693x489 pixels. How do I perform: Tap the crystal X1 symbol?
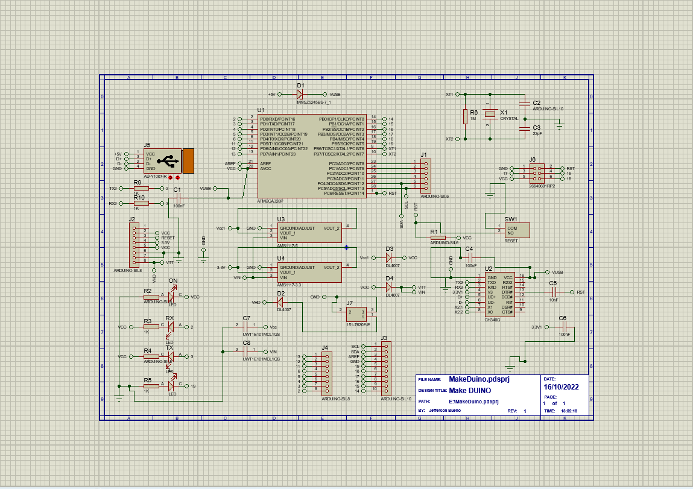click(492, 114)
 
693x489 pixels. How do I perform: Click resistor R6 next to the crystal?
click(465, 116)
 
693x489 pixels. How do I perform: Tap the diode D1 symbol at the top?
click(300, 95)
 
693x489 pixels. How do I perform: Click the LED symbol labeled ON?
click(171, 297)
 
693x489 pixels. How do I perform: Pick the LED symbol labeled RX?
click(170, 327)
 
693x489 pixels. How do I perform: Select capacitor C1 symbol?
click(179, 200)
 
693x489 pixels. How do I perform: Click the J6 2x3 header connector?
click(536, 174)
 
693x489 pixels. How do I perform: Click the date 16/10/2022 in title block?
click(561, 387)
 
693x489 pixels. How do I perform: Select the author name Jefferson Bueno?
click(444, 411)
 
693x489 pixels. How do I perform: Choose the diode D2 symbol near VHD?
click(280, 302)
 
